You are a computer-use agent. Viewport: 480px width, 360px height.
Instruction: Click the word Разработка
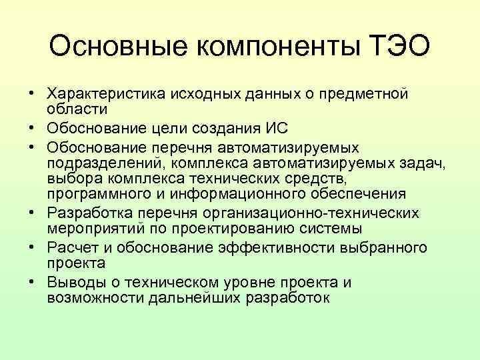(x=88, y=213)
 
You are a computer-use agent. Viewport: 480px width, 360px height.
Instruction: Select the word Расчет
(x=69, y=247)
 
